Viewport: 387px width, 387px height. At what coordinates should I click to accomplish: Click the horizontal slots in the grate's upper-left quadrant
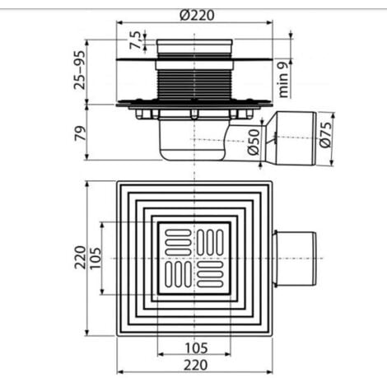point(176,241)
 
